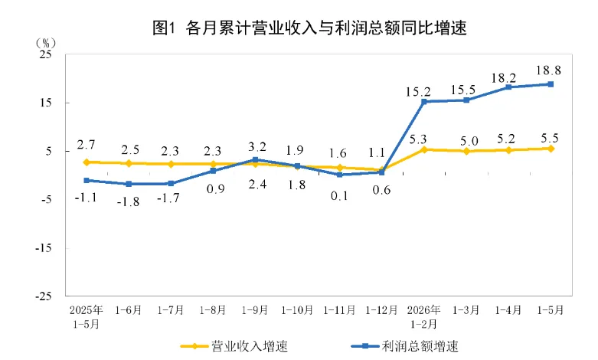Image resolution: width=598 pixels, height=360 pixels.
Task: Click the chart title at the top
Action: point(309,28)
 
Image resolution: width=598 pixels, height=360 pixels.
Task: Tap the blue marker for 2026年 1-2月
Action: point(423,101)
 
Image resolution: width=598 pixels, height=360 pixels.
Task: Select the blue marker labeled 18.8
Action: point(551,84)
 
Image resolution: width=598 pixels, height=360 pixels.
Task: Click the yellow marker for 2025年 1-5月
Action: point(87,162)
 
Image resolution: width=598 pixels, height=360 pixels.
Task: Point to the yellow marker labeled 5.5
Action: point(551,149)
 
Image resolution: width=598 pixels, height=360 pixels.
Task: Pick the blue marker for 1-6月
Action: point(129,184)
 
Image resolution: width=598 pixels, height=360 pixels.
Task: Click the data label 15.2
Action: point(417,91)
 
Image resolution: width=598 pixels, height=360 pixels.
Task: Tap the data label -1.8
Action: point(128,201)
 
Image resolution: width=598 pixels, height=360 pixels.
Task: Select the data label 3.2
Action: point(257,147)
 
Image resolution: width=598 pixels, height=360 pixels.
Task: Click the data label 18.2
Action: point(503,78)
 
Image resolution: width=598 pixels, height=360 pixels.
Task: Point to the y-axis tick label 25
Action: point(45,54)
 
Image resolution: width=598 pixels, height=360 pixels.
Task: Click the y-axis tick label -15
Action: point(44,248)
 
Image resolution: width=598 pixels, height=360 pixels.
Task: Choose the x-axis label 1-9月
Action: point(255,310)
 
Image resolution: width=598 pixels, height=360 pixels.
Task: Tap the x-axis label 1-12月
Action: point(381,310)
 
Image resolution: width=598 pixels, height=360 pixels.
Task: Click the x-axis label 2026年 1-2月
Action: point(423,317)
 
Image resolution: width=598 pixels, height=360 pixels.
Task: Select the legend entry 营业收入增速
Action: point(234,346)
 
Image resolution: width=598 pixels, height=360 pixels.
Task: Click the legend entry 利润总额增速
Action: point(404,346)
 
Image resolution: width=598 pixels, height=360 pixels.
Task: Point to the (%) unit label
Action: point(46,43)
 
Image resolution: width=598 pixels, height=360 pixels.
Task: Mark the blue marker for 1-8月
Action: point(213,171)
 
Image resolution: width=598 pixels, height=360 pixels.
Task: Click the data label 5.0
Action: point(469,141)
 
